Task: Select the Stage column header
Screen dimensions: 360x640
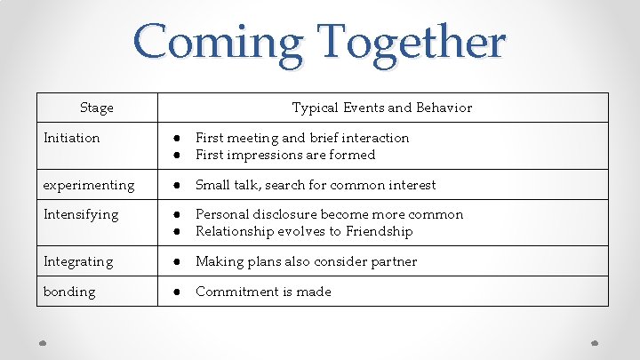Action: click(x=97, y=108)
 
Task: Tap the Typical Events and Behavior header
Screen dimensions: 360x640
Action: click(x=382, y=108)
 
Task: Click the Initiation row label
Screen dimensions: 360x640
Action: click(x=72, y=138)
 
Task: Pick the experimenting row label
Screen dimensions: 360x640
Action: click(x=89, y=185)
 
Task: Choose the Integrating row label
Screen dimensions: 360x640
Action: click(x=78, y=261)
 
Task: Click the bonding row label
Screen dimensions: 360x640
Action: click(x=69, y=292)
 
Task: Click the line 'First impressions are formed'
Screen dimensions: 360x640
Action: click(x=285, y=155)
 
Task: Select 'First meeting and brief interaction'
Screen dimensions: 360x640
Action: click(x=302, y=138)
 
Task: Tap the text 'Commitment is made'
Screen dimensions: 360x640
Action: click(x=263, y=292)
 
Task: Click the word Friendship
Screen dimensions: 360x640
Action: click(x=380, y=231)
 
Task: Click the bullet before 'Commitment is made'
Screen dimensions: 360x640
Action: click(x=178, y=292)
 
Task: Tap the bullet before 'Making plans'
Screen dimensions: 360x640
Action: click(x=178, y=261)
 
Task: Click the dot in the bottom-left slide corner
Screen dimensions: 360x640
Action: click(x=43, y=342)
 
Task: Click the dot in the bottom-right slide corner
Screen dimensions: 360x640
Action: click(x=596, y=342)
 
